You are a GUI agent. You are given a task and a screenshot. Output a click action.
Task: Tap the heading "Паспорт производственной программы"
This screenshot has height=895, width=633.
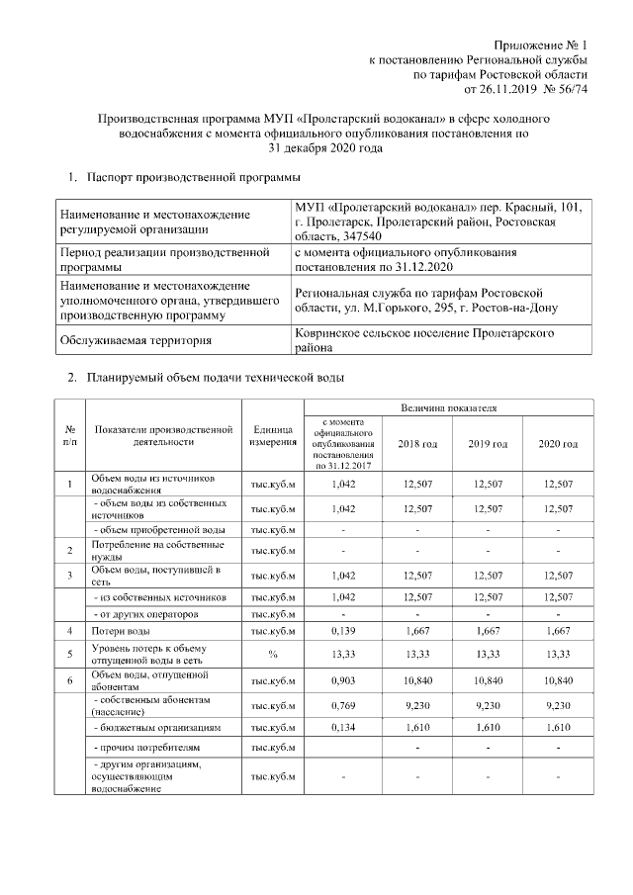coord(193,178)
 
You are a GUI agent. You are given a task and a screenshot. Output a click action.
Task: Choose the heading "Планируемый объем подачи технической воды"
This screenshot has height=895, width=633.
coord(215,378)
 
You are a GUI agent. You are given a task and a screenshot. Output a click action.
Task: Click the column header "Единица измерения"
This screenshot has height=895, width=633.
coord(272,435)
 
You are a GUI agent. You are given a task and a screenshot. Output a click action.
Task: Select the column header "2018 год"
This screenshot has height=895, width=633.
coord(416,444)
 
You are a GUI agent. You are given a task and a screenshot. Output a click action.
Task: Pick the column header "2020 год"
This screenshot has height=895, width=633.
coord(558,444)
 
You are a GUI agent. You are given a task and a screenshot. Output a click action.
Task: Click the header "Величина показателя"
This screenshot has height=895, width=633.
coord(448,407)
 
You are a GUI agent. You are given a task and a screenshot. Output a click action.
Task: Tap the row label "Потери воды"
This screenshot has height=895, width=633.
coord(121,630)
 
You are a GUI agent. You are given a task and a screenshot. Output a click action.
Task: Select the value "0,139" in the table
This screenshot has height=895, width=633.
coord(341,630)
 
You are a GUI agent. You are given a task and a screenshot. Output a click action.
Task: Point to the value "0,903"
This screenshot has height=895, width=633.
coord(341,680)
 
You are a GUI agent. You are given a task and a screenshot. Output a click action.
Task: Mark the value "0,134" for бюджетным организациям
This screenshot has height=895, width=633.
coord(341,727)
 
